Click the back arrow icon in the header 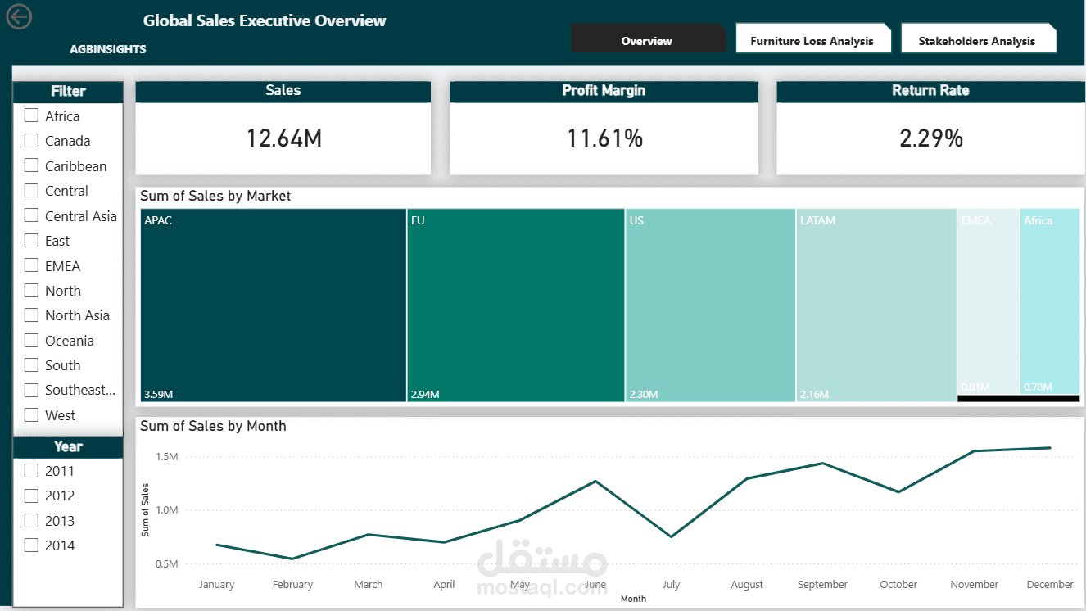coord(18,16)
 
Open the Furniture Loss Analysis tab coord(812,41)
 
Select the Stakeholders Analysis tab coord(976,41)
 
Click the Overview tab coord(646,41)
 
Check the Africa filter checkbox coord(32,115)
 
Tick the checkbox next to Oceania coord(32,340)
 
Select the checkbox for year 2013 coord(32,520)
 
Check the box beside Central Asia coord(32,215)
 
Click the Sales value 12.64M coord(283,138)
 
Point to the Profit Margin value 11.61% coord(604,138)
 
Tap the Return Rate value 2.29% coord(930,138)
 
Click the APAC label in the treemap coord(158,220)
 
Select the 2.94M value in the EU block coord(424,395)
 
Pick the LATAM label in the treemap coord(817,220)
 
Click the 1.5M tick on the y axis coord(166,456)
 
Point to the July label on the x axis coord(671,584)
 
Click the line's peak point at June coord(595,481)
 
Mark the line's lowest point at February coord(292,559)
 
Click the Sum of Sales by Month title coord(213,426)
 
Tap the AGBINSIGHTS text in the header coord(108,49)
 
